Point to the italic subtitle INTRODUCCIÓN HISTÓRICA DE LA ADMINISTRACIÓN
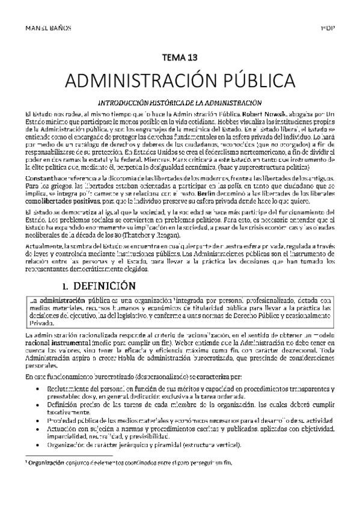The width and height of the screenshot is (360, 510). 180,102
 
